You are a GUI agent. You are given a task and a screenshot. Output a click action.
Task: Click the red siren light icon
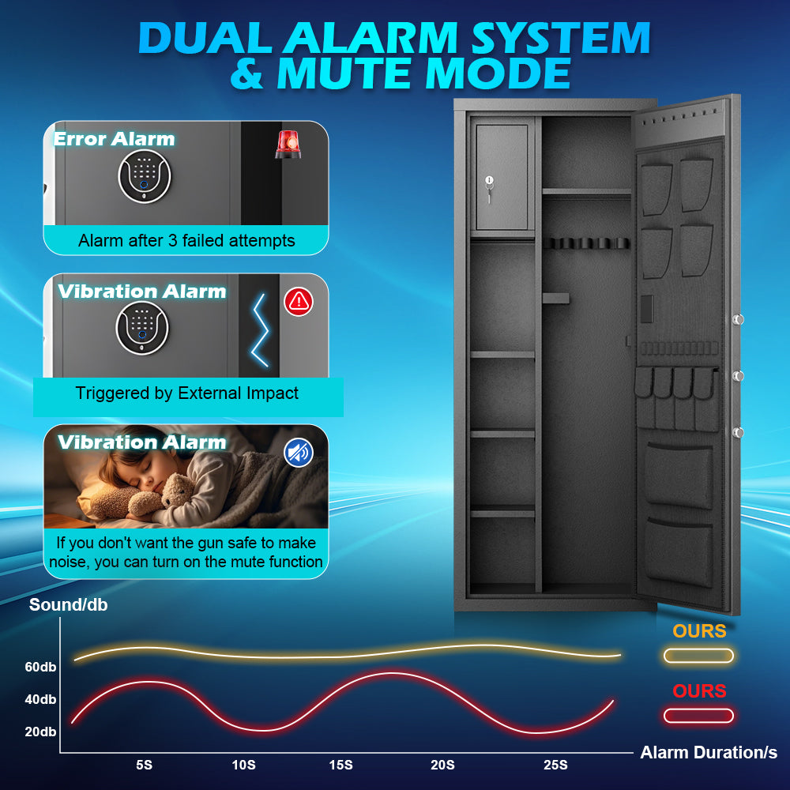[288, 144]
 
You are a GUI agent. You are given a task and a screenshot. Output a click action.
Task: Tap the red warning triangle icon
[299, 302]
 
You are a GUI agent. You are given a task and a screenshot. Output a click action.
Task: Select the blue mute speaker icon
[299, 453]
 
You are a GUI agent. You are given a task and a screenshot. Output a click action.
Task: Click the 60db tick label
[40, 667]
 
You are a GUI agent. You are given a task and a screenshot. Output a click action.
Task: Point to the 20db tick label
[40, 732]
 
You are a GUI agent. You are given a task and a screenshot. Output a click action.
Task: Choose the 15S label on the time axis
[341, 765]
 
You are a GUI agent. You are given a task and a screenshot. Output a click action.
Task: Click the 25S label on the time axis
[555, 765]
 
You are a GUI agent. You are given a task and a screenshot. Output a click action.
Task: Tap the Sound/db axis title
[69, 604]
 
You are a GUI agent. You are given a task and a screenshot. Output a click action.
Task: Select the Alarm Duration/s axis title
[709, 752]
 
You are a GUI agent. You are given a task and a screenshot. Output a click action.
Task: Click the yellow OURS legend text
[699, 630]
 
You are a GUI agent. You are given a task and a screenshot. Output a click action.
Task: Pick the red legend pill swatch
[698, 716]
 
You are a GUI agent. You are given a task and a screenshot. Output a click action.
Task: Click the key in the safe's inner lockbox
[489, 189]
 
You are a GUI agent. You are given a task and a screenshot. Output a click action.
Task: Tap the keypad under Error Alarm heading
[145, 176]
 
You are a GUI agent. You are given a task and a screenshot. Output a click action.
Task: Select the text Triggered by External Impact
[187, 393]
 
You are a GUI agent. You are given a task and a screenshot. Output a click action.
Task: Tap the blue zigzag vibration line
[260, 329]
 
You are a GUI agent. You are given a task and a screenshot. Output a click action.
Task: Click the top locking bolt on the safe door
[738, 319]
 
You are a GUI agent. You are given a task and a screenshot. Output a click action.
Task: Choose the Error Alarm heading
[115, 139]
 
